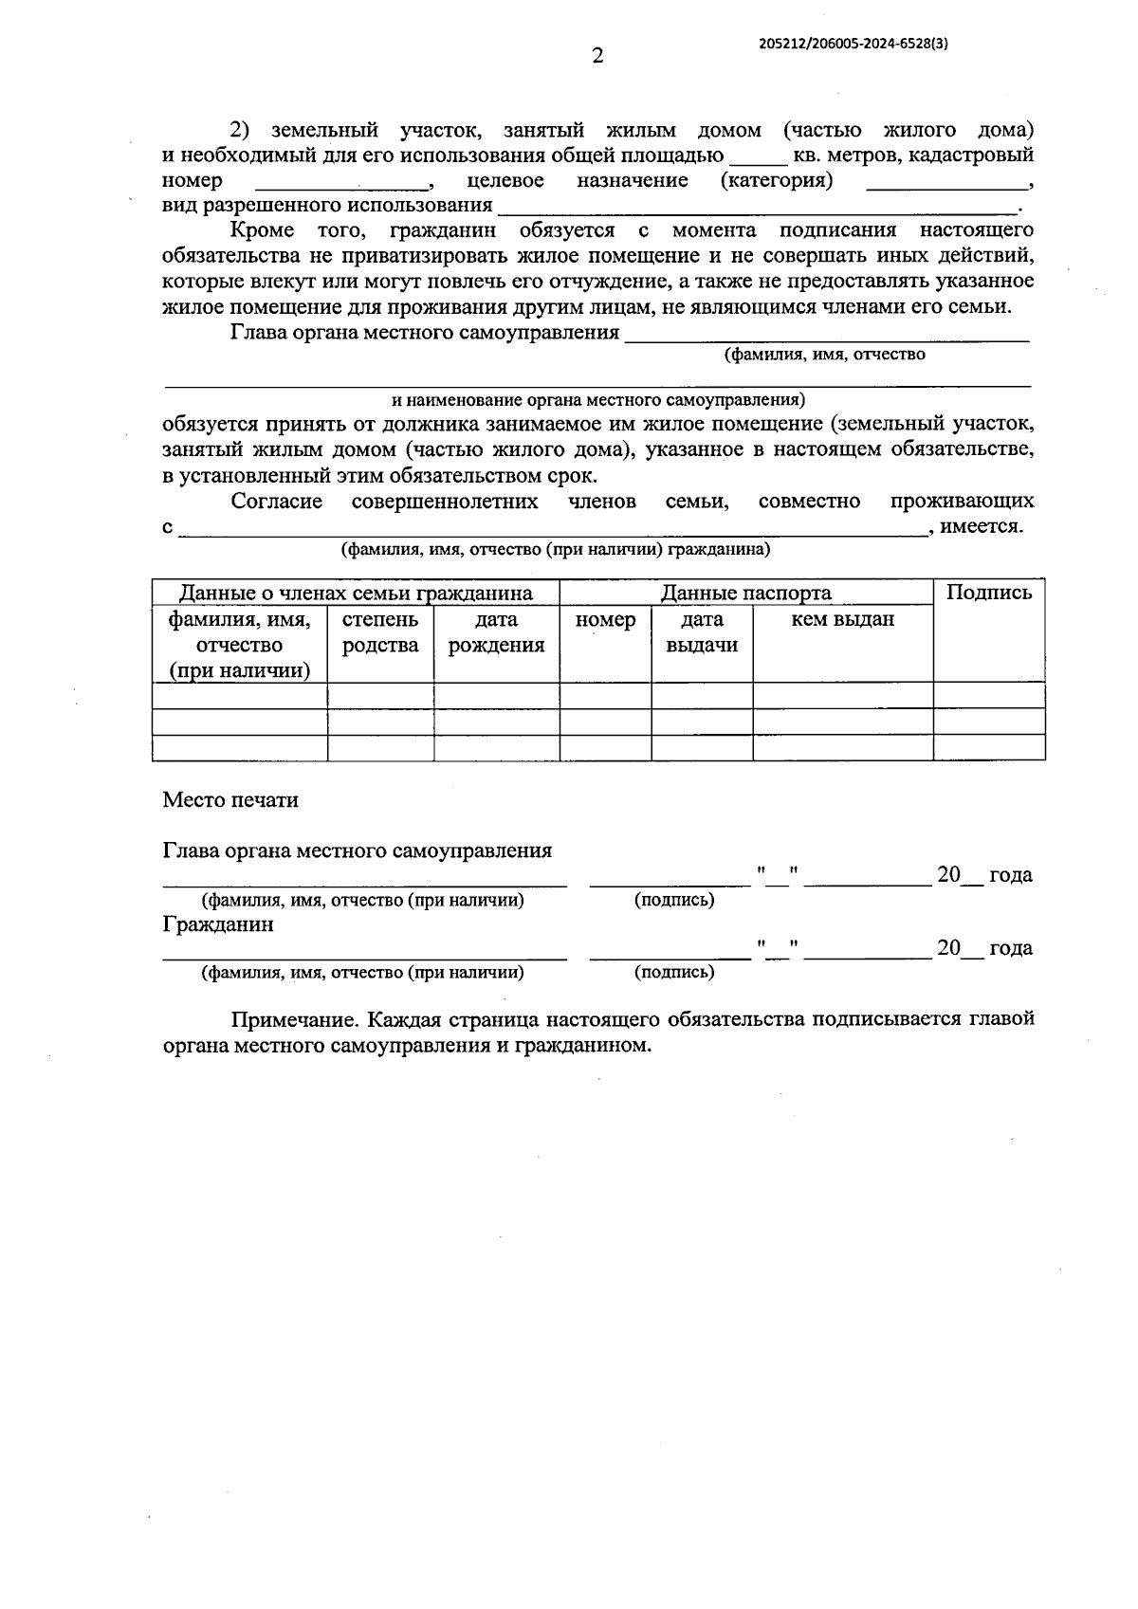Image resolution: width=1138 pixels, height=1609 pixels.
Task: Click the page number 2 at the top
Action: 597,56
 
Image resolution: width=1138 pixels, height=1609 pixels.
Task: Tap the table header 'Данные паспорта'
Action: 745,594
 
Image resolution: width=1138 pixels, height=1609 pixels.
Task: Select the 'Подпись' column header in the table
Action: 989,593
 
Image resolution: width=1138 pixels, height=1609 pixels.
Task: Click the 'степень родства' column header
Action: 380,632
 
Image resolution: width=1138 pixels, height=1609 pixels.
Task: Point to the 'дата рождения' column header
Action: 496,632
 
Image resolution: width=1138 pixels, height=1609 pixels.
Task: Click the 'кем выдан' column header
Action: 842,620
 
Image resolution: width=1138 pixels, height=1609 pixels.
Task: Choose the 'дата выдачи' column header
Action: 702,632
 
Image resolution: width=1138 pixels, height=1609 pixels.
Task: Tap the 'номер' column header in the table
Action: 605,620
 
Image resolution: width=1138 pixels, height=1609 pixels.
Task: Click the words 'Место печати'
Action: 230,800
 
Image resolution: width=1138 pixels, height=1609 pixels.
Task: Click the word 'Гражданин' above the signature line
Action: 218,924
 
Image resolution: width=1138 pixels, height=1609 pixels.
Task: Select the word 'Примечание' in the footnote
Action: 293,1020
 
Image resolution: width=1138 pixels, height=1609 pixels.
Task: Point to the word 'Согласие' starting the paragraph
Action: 276,502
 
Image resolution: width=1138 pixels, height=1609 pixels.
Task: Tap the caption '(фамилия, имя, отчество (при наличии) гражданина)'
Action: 555,550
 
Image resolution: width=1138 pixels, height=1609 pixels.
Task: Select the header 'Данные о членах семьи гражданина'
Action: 356,594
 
